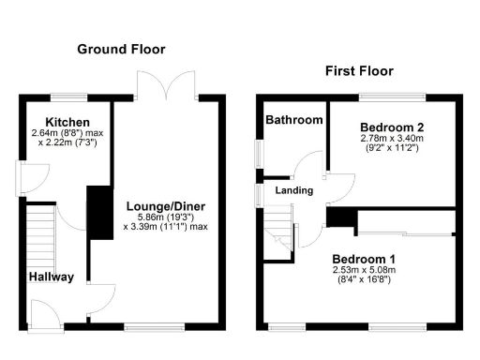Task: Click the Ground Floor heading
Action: [121, 49]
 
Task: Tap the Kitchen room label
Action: [67, 122]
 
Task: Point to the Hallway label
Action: [51, 277]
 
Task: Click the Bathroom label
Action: [293, 120]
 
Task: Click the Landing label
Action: [292, 190]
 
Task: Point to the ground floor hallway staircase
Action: [39, 235]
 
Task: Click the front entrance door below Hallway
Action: [43, 312]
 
